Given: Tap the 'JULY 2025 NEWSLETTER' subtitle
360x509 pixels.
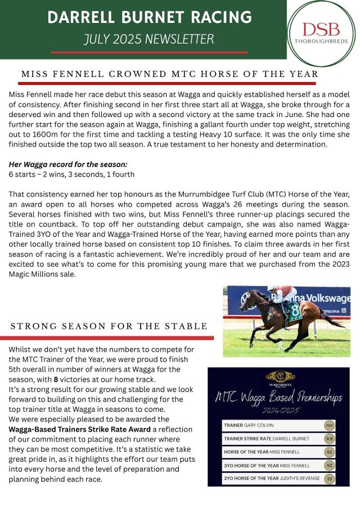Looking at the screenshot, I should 148,39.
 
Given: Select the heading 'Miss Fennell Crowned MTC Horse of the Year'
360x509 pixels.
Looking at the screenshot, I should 170,74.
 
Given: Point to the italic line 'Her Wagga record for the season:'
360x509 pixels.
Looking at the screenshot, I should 68,164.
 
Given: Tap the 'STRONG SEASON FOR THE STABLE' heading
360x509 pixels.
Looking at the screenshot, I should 109,326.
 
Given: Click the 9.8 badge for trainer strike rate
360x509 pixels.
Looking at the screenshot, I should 330,438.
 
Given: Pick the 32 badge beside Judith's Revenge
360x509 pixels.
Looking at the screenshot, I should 330,478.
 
